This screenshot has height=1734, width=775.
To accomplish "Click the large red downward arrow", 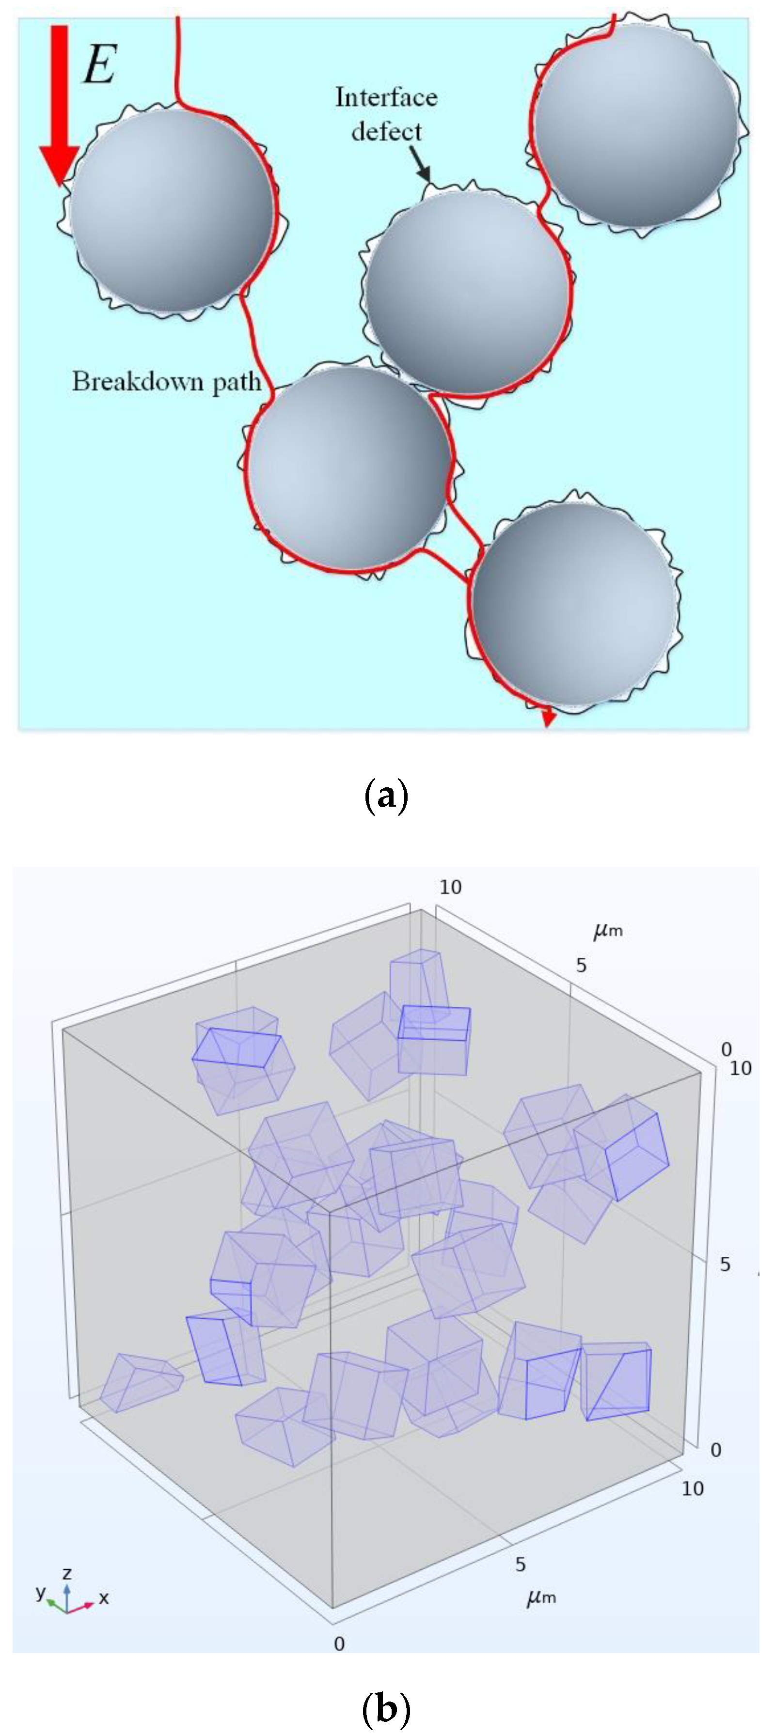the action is pos(59,104).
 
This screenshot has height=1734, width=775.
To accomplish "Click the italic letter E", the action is pos(100,64).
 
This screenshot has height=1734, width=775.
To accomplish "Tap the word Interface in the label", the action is pos(386,97).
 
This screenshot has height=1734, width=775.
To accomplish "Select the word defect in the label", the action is pos(386,131).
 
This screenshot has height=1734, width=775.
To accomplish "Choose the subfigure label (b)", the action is pos(386,1708).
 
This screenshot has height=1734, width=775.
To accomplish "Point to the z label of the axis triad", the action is pos(67,1574).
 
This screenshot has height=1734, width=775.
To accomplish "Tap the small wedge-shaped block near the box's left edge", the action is pos(140,1381).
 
